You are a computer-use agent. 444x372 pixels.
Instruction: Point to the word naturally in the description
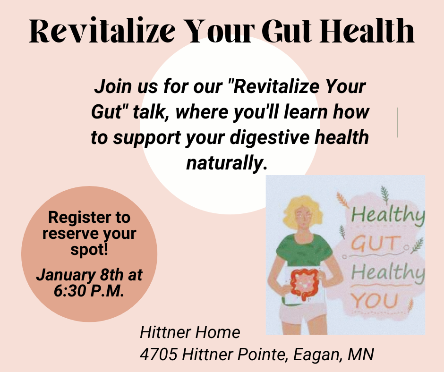coord(227,163)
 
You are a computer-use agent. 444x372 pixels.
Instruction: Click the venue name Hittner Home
coord(190,332)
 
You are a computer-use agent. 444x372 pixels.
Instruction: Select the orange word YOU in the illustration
coord(375,299)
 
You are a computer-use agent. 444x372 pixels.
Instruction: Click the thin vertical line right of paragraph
coord(398,122)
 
